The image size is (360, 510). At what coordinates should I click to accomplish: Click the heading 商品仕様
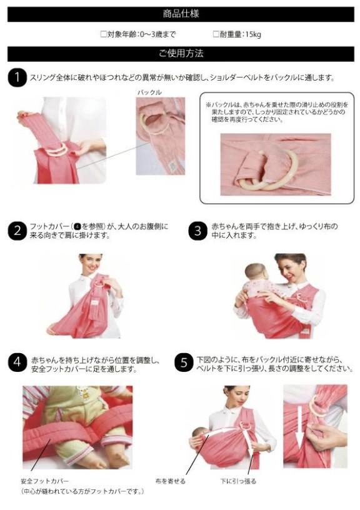tap(181, 14)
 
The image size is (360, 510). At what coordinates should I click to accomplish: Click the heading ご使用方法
tap(181, 53)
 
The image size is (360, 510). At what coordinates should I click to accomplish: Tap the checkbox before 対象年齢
tap(103, 34)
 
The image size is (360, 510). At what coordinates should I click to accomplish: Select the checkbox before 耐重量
tap(216, 34)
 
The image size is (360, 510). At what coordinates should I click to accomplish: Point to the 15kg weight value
tap(253, 34)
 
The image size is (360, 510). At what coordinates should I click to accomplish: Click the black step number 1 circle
tap(17, 77)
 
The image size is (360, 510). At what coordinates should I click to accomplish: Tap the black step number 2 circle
tap(17, 231)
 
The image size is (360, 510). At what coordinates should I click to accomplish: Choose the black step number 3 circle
tap(197, 231)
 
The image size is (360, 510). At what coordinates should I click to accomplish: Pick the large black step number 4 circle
tap(17, 362)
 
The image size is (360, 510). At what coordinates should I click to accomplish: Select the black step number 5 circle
tap(184, 362)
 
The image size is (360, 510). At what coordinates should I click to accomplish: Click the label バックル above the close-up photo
tap(149, 92)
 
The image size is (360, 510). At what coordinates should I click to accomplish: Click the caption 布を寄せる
tap(171, 481)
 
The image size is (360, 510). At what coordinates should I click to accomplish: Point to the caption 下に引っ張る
tap(238, 481)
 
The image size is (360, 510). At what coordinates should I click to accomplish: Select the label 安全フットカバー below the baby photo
tap(45, 481)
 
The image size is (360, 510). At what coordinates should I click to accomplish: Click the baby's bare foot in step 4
tap(119, 459)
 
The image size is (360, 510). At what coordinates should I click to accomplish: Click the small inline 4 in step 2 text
tap(77, 226)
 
